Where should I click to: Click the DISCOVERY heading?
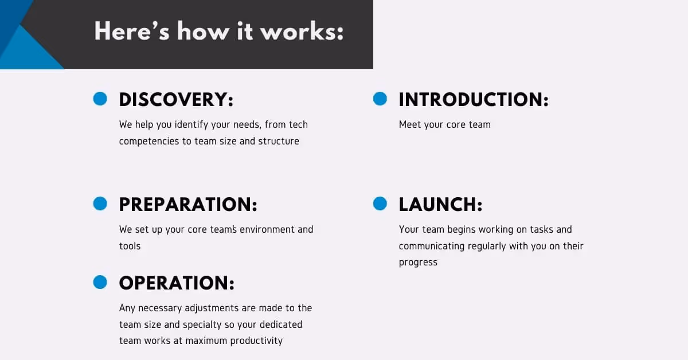pos(176,100)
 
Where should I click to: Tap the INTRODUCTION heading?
pos(474,100)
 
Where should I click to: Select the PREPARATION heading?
pos(188,205)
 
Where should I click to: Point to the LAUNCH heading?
pos(440,205)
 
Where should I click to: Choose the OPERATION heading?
pos(177,283)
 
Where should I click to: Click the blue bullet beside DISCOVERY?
pos(100,99)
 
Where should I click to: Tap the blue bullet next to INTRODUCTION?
pos(380,99)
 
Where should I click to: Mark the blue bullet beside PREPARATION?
pos(100,204)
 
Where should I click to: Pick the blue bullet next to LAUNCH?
pos(380,204)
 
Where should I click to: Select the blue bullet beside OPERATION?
pos(100,282)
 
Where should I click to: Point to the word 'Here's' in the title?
pos(132,31)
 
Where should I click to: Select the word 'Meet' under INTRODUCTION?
pos(410,124)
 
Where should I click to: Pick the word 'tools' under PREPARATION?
pos(130,246)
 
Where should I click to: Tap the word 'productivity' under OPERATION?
pos(256,341)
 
